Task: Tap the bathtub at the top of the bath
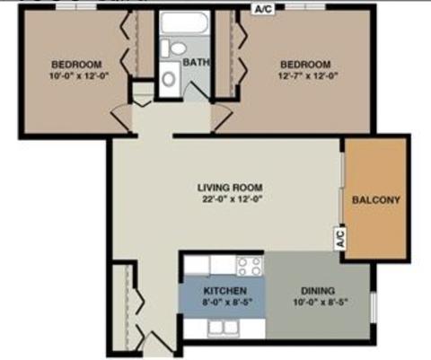(x=183, y=22)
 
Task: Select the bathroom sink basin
(x=169, y=78)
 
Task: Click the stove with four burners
(x=250, y=266)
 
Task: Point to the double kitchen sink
(x=224, y=326)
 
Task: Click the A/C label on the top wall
(x=263, y=9)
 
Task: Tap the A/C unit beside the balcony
(x=340, y=238)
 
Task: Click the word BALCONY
(x=376, y=200)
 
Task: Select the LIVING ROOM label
(x=230, y=188)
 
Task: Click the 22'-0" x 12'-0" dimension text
(x=233, y=199)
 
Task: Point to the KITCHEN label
(x=225, y=291)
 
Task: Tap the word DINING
(x=318, y=291)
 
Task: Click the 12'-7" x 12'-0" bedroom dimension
(x=308, y=75)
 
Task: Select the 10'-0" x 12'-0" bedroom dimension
(x=78, y=75)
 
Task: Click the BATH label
(x=196, y=62)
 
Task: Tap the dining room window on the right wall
(x=374, y=306)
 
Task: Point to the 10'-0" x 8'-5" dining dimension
(x=321, y=303)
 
